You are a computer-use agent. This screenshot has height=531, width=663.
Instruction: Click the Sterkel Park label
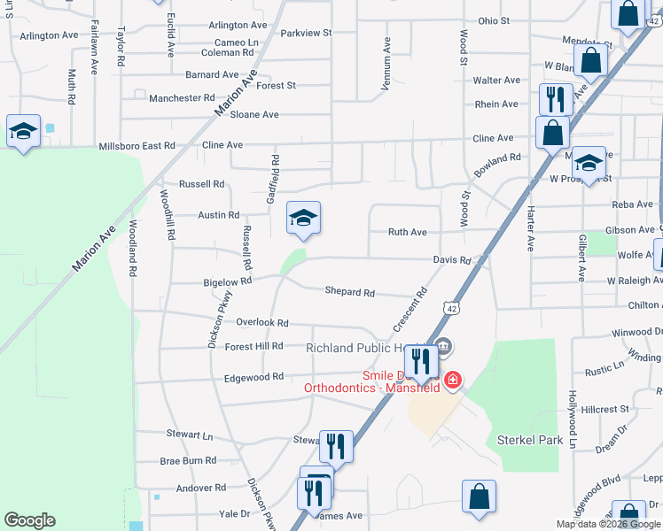tap(530, 440)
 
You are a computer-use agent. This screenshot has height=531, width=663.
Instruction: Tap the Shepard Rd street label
tap(349, 292)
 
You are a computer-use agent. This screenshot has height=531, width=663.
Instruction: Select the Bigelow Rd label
tap(228, 281)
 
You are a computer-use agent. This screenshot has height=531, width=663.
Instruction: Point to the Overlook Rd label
tap(263, 324)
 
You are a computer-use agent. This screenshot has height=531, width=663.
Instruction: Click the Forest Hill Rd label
tap(253, 346)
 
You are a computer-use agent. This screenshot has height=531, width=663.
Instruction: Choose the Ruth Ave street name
tap(408, 233)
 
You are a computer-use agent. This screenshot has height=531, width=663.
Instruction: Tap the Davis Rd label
tap(451, 260)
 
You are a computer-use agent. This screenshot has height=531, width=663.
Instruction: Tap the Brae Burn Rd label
tap(188, 461)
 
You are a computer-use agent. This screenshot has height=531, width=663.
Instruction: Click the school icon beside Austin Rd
tap(303, 219)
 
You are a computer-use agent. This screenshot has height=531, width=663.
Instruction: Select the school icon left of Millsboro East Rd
tap(22, 132)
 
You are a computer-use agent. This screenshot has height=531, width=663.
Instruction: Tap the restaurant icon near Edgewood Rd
tap(420, 360)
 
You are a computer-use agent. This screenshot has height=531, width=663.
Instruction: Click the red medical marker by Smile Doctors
tap(452, 381)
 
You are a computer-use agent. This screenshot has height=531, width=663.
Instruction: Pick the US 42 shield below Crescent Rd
tap(452, 309)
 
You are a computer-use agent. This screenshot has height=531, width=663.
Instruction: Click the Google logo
tap(29, 520)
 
